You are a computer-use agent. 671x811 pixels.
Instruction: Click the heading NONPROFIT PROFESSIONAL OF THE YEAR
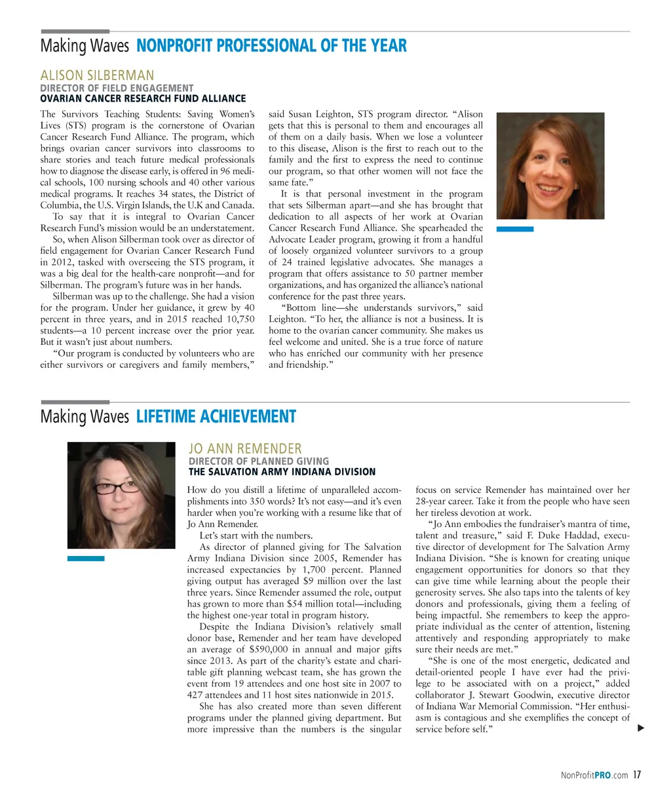(x=271, y=46)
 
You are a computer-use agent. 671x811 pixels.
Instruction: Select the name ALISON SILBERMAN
(x=97, y=75)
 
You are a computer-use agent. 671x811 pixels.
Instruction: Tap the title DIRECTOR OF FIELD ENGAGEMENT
(x=117, y=88)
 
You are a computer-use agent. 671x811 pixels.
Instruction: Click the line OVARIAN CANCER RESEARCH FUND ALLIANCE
(x=143, y=98)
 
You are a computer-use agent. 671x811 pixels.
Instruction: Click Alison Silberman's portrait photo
(x=550, y=167)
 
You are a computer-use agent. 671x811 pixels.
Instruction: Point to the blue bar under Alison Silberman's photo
(x=515, y=229)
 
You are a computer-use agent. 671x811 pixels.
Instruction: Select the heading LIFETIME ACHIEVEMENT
(x=216, y=417)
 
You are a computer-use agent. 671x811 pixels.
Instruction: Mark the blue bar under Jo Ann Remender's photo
(x=86, y=559)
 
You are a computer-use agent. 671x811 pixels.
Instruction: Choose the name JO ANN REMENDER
(x=245, y=449)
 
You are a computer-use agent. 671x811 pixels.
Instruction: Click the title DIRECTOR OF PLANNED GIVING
(x=259, y=461)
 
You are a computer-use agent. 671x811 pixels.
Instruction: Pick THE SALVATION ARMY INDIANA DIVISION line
(x=282, y=471)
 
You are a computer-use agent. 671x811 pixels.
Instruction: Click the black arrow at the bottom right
(x=641, y=728)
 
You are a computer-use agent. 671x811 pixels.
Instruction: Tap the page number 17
(x=637, y=775)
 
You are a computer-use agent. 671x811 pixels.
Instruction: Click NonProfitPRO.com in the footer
(x=594, y=776)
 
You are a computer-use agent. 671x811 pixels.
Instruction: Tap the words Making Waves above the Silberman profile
(x=85, y=46)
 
